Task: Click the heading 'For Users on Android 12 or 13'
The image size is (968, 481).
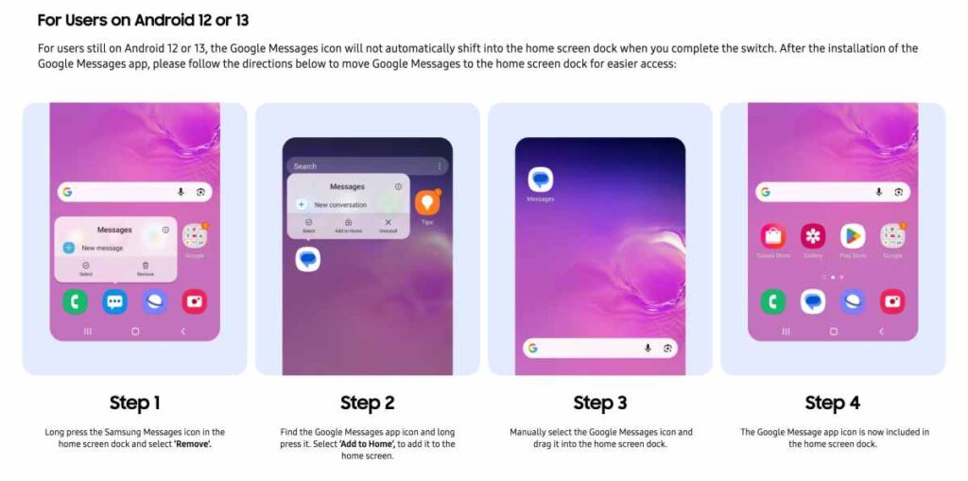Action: coord(143,20)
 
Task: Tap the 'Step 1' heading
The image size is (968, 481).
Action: coord(134,403)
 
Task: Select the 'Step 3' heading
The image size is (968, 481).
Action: coord(599,403)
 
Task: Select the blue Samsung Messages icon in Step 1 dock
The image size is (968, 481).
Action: coord(114,301)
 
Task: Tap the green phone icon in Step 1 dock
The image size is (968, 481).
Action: coord(75,301)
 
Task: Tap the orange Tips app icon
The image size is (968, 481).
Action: coord(427,202)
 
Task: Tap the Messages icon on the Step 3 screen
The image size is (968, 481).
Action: coord(540,180)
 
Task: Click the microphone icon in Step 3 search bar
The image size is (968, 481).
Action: coord(648,348)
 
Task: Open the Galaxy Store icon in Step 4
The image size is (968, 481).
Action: coord(772,235)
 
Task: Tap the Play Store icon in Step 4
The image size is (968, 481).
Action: coord(853,235)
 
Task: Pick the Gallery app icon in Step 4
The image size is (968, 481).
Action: coord(813,235)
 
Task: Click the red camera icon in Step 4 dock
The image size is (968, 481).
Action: coord(891,301)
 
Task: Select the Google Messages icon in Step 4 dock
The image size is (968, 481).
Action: coord(813,301)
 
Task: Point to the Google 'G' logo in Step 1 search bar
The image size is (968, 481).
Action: coord(67,192)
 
